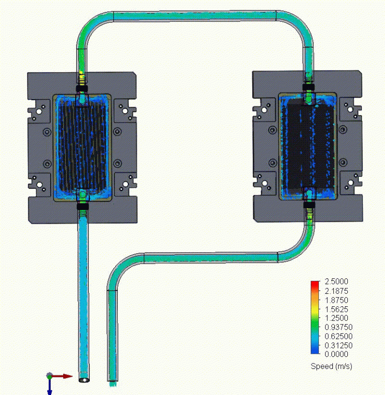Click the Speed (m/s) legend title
(x=331, y=366)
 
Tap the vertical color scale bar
(x=315, y=318)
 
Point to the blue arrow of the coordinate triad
(x=50, y=387)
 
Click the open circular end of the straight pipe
(x=84, y=380)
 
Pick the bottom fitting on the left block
(x=82, y=204)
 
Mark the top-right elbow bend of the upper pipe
(x=301, y=25)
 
